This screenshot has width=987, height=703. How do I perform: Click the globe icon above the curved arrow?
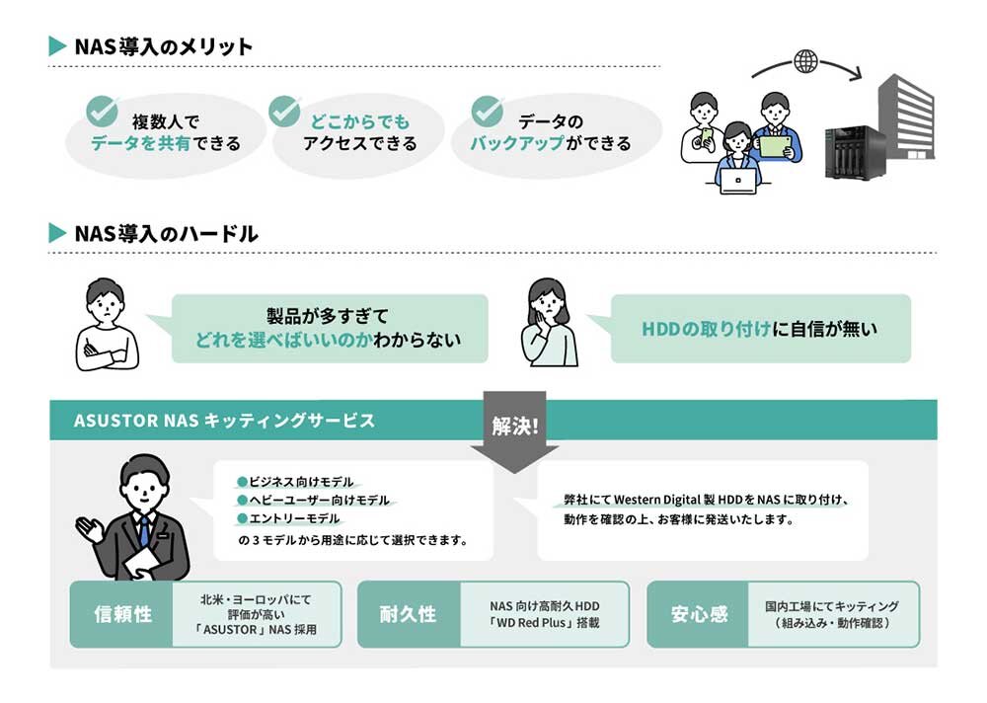coord(805,61)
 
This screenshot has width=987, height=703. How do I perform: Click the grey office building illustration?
coord(906,118)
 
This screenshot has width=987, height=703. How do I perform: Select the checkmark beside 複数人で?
coord(102,112)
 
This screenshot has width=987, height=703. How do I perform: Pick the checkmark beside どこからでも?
coord(284,112)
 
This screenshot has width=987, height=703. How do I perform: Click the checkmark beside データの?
coord(488,112)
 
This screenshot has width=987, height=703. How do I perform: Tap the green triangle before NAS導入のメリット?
coord(57,46)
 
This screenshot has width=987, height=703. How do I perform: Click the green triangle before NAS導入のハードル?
coord(57,233)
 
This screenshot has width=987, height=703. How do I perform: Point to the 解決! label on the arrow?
coord(515,426)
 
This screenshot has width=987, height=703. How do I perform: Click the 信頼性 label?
coord(122,614)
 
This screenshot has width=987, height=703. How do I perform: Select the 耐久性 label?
coord(408,614)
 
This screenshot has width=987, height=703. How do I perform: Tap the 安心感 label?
coord(699,614)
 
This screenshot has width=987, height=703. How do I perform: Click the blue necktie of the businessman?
coord(145,530)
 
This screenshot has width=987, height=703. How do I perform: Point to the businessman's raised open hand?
coord(90,529)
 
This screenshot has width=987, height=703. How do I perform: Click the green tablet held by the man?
coord(776,146)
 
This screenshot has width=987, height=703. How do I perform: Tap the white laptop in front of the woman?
coord(737,182)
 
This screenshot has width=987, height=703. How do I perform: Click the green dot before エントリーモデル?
coord(242,519)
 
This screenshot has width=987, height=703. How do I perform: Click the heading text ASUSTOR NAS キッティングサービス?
coord(224,421)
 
